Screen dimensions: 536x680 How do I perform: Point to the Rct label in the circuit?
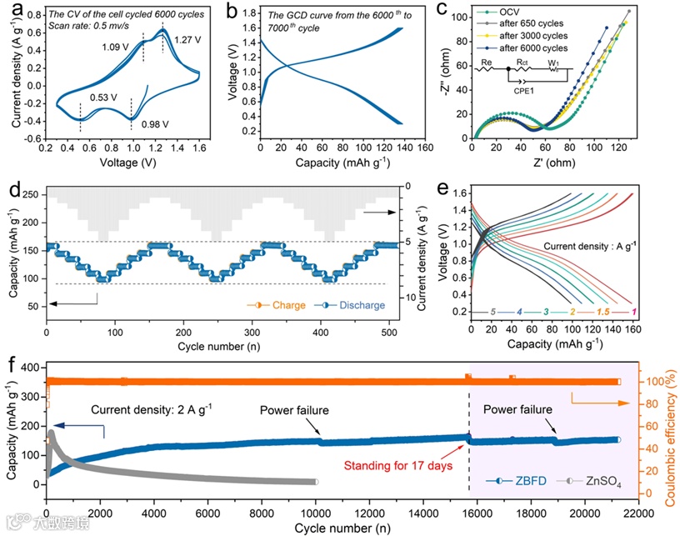pos(522,63)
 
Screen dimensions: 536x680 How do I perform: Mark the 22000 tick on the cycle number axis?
pos(638,514)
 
